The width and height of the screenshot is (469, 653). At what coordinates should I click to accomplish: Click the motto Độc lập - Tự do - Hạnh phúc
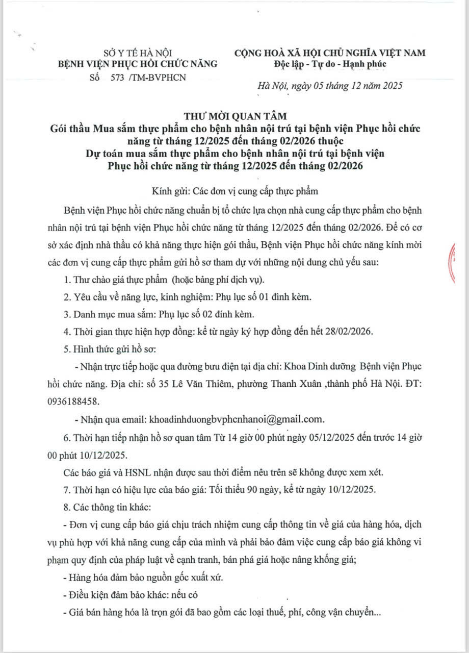pyautogui.click(x=330, y=64)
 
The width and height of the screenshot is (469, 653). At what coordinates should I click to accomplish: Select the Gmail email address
pyautogui.click(x=236, y=419)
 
